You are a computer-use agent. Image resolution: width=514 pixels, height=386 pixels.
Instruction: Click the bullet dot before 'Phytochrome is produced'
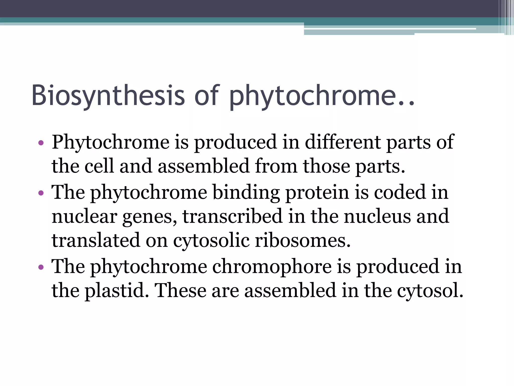tap(41, 143)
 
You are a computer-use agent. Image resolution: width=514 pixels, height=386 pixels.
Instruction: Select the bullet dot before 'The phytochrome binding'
tap(41, 193)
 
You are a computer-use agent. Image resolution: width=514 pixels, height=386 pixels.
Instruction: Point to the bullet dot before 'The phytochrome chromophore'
tap(41, 267)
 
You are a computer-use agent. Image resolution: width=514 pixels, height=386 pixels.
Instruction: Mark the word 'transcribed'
tap(232, 216)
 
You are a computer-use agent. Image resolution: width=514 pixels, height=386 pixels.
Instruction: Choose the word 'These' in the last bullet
tap(180, 290)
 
